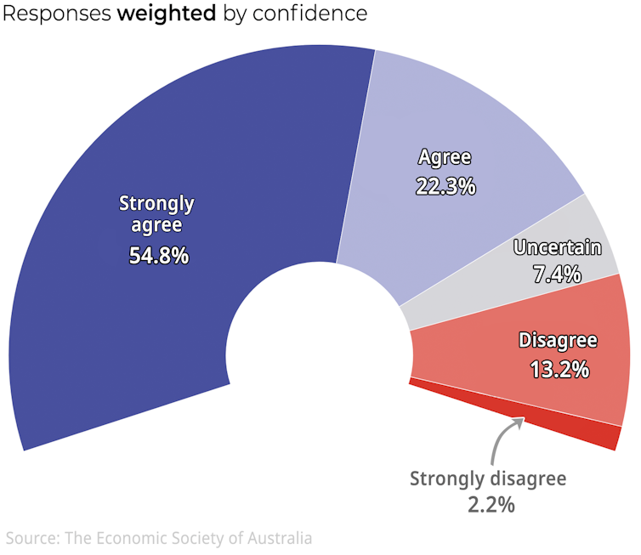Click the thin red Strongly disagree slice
[x=587, y=432]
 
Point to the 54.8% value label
[x=158, y=254]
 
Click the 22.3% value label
[x=445, y=186]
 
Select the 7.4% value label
[x=558, y=274]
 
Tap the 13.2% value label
[x=559, y=370]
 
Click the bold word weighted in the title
[x=167, y=14]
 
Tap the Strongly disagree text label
[x=487, y=479]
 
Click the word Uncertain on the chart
[x=558, y=248]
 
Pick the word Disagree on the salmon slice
[x=558, y=342]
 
